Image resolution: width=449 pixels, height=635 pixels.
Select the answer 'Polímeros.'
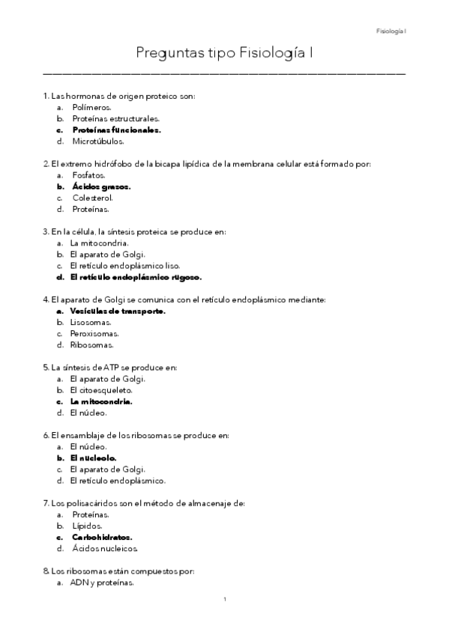tap(91, 107)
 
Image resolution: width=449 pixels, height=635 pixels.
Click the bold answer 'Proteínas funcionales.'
tap(116, 130)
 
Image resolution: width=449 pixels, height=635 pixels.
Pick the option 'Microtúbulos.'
tap(98, 141)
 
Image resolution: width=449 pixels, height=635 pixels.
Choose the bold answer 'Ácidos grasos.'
tap(101, 186)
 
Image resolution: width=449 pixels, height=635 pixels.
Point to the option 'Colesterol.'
tap(93, 198)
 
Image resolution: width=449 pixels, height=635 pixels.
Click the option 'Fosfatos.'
tap(88, 175)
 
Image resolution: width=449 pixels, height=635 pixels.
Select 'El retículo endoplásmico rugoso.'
tap(136, 277)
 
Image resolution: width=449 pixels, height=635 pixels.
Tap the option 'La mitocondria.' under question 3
tap(99, 243)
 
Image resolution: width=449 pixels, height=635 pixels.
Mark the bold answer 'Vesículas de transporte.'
tap(117, 312)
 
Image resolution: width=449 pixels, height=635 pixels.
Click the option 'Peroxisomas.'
tap(94, 334)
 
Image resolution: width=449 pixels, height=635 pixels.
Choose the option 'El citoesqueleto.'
tap(101, 390)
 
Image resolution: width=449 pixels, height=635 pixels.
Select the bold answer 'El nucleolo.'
tap(93, 458)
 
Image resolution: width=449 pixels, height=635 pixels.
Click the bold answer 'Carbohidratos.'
tap(102, 537)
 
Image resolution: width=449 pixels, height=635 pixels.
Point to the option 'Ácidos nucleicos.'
tap(105, 548)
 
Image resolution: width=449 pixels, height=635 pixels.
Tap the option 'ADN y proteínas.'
tap(102, 582)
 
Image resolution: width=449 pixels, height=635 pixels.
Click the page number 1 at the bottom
tap(225, 599)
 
